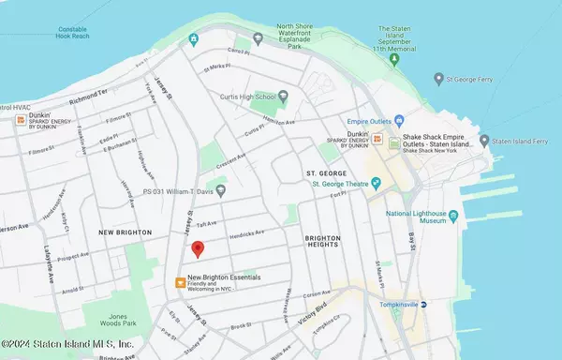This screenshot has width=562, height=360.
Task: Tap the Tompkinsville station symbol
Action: pos(424,306)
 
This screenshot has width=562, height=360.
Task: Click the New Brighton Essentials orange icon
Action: pos(179,281)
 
